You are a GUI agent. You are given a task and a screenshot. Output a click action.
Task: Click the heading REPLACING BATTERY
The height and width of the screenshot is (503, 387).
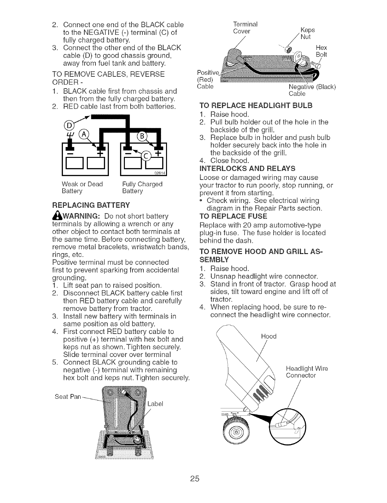point(91,205)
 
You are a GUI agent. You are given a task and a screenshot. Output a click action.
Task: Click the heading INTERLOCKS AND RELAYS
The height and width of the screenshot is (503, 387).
point(247,168)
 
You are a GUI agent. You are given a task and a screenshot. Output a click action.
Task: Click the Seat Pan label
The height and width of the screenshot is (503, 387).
point(68,397)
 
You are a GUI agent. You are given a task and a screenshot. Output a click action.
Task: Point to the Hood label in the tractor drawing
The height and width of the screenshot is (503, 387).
point(268,337)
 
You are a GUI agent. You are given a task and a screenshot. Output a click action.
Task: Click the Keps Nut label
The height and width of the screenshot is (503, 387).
point(307,33)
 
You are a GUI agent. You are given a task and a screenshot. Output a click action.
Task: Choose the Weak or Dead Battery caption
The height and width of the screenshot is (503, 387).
point(82,188)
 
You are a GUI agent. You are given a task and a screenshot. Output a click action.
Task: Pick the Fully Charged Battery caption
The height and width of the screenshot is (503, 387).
point(142,188)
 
